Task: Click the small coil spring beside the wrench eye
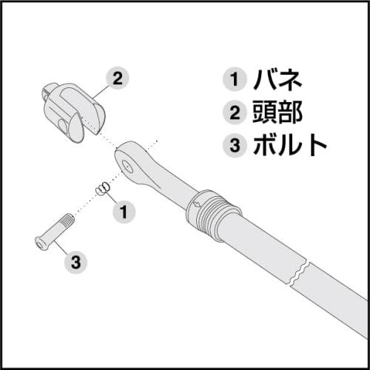(x=104, y=189)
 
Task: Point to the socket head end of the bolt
(x=40, y=243)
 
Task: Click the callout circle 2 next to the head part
(x=118, y=78)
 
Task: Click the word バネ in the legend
(x=275, y=78)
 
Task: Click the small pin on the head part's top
(x=47, y=92)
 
